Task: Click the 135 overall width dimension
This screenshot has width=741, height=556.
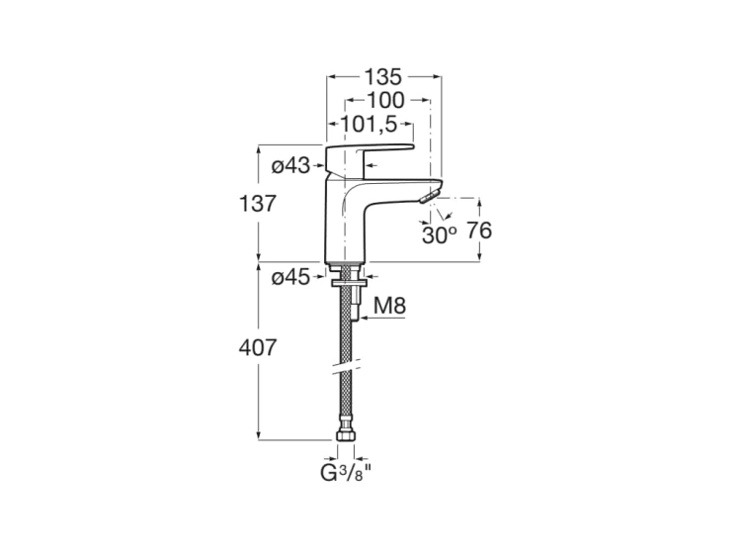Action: pyautogui.click(x=384, y=76)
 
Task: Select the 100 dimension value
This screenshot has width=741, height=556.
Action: pyautogui.click(x=385, y=100)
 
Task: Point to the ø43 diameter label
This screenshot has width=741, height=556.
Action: pyautogui.click(x=290, y=165)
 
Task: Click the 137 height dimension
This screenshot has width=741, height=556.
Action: pyautogui.click(x=255, y=204)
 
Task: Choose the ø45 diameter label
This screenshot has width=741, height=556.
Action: pyautogui.click(x=290, y=279)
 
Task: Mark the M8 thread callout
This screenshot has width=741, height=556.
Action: pyautogui.click(x=390, y=308)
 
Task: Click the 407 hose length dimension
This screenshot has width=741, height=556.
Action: pyautogui.click(x=255, y=348)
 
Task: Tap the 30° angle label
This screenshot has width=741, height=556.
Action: pyautogui.click(x=439, y=235)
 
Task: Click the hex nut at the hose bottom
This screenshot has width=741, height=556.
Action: pyautogui.click(x=346, y=435)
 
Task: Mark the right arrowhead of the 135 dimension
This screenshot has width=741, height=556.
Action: pyautogui.click(x=437, y=76)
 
